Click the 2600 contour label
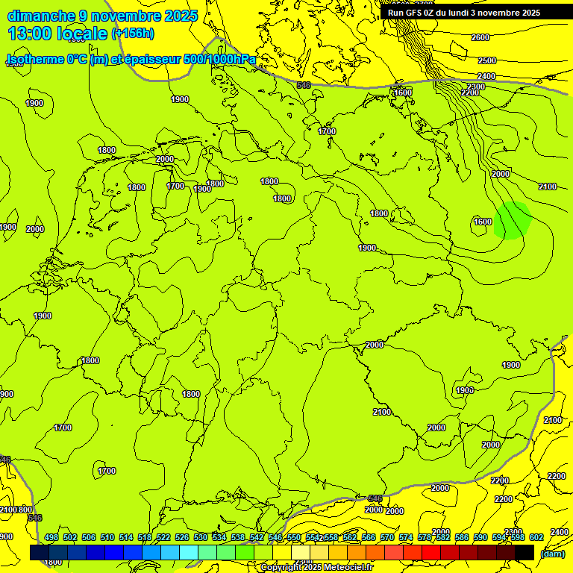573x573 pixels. tap(480, 37)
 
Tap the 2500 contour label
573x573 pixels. tap(486, 60)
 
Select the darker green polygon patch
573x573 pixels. tap(513, 220)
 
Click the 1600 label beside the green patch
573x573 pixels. tap(483, 222)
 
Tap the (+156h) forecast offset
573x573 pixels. tap(133, 34)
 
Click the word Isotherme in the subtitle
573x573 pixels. tap(35, 59)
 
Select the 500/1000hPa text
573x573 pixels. tap(219, 59)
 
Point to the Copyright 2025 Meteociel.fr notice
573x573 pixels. tap(316, 568)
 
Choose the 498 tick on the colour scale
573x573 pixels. tap(51, 537)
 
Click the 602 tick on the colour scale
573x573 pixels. tap(536, 537)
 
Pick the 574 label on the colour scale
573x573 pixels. tap(406, 537)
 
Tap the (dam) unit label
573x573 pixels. tap(553, 554)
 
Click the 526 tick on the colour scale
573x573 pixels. tap(182, 537)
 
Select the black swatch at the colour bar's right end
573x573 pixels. tap(525, 552)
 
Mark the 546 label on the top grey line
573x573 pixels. tap(303, 85)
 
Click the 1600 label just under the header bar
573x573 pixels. tap(403, 93)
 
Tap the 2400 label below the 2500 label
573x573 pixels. tap(486, 76)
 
